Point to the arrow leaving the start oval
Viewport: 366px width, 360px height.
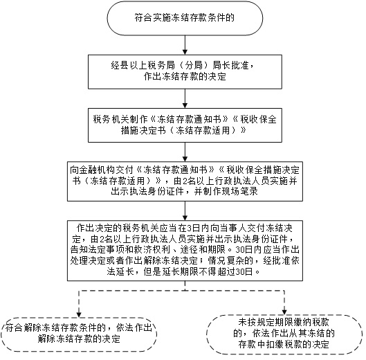click(185, 45)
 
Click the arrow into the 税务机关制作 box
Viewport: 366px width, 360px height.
click(185, 98)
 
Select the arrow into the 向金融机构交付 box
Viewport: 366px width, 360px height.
click(185, 152)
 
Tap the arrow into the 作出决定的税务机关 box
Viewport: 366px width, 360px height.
click(185, 210)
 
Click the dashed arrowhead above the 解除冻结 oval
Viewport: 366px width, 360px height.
click(79, 315)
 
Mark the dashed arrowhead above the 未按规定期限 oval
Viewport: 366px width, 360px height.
click(284, 312)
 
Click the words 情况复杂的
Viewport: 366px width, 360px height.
click(230, 260)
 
